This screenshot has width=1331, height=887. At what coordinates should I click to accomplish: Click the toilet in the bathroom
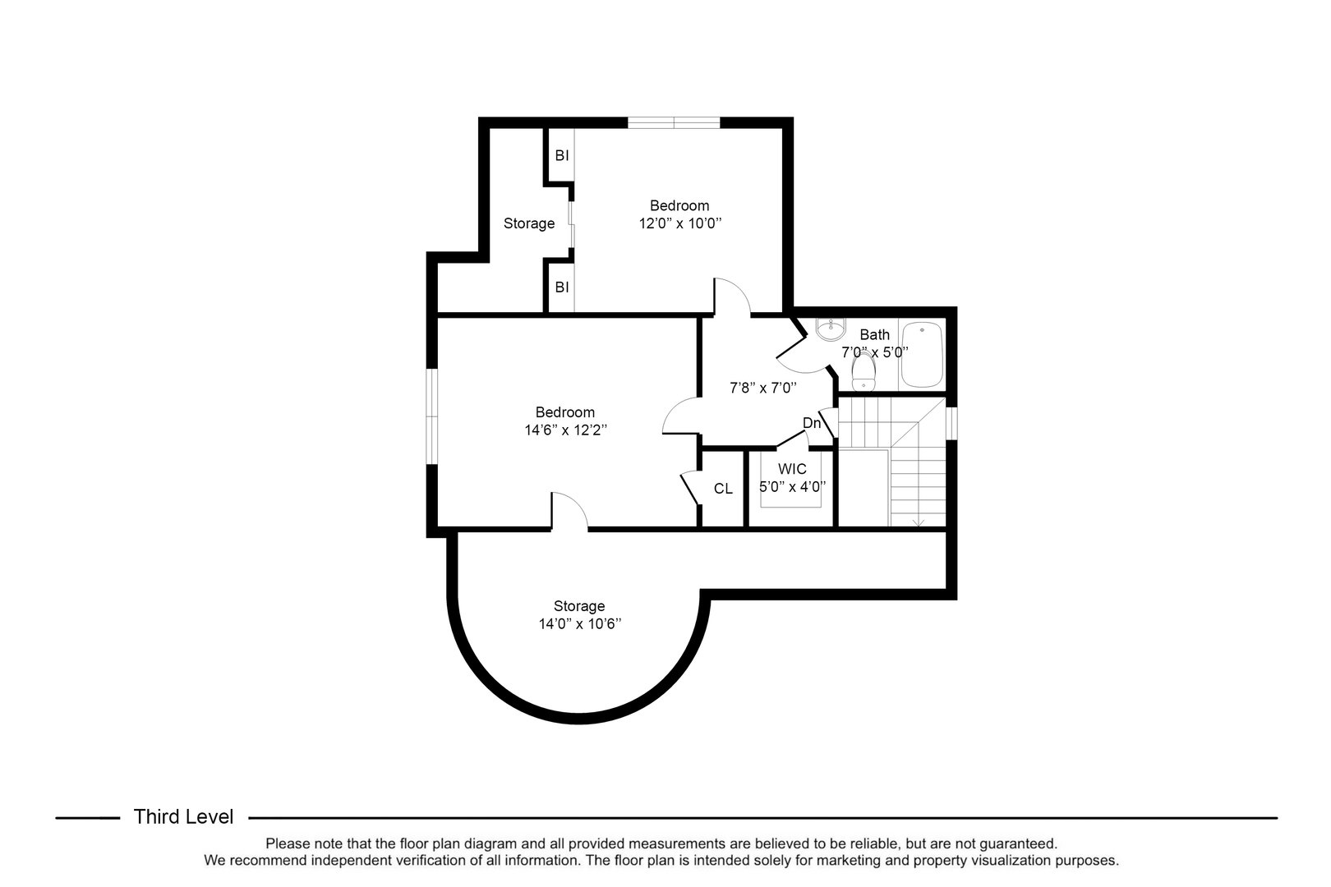[x=864, y=370]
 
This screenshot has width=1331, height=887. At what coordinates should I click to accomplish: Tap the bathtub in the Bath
[x=922, y=355]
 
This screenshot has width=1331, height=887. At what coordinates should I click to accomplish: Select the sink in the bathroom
[x=830, y=329]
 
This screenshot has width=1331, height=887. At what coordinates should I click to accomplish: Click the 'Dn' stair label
[x=812, y=423]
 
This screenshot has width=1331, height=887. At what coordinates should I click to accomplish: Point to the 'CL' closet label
[x=723, y=489]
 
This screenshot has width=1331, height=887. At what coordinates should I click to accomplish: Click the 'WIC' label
[x=792, y=469]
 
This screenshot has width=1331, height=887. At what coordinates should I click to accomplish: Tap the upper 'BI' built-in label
[x=562, y=156]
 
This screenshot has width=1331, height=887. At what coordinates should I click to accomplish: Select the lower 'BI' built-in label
[x=562, y=287]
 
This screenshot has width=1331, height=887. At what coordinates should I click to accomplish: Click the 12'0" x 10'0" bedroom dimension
[x=679, y=223]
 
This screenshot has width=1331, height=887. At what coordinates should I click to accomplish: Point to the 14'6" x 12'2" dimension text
[x=565, y=430]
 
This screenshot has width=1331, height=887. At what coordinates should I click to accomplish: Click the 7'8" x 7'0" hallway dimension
[x=763, y=388]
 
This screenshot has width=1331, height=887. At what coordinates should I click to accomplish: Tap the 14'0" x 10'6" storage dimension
[x=580, y=624]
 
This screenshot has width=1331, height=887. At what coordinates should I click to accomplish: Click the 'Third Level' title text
[x=183, y=817]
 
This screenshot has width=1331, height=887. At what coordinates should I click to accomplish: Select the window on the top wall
[x=674, y=123]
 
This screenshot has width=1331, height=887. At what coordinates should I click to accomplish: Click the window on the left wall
[x=432, y=416]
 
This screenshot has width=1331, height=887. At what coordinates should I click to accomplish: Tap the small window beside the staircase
[x=951, y=423]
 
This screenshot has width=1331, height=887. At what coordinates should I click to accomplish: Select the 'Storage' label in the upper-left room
[x=529, y=223]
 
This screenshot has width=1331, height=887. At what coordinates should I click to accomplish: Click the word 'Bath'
[x=875, y=334]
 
